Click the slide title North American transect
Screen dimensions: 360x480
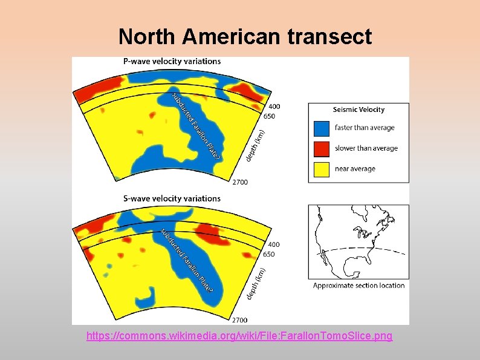point(245,37)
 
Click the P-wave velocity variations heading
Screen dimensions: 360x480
point(172,61)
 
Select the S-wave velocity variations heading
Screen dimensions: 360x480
point(172,198)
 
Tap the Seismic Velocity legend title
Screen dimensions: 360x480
point(358,110)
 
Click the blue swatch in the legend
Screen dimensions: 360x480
point(321,128)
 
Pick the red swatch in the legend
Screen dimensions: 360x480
point(321,148)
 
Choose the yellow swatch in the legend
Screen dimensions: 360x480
point(321,169)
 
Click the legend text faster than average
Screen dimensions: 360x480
point(365,128)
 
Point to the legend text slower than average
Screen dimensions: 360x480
point(366,148)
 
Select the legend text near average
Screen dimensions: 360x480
point(355,169)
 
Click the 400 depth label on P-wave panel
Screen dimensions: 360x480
point(274,106)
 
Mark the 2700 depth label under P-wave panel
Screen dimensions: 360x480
point(241,182)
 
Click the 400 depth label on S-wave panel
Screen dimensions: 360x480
point(274,244)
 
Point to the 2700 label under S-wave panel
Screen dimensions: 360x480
point(241,319)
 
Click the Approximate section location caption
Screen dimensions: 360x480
point(358,286)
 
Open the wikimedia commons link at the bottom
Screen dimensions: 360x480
point(239,335)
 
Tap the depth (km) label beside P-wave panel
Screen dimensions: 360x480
point(256,145)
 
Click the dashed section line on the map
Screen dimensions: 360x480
point(363,249)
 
